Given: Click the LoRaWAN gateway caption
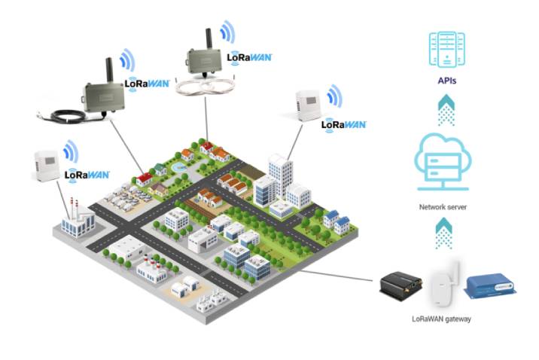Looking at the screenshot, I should pos(441,319).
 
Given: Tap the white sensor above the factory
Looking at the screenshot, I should pos(46,166).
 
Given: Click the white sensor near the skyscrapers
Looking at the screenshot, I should pos(309,105).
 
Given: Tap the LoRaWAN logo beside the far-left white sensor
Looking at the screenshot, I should pos(87,175).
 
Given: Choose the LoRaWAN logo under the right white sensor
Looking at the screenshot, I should pos(343,124).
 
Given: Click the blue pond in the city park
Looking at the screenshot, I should pos(175,163).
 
